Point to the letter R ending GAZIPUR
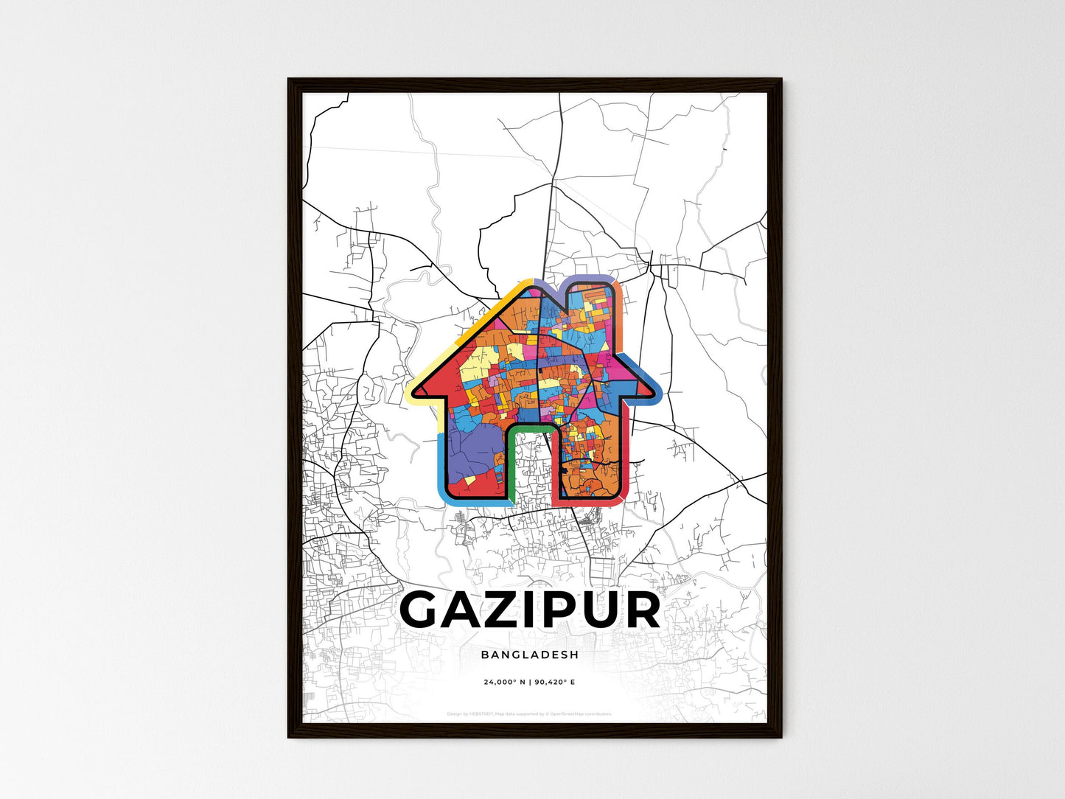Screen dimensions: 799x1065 [638, 610]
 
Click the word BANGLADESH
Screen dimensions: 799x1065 [529, 655]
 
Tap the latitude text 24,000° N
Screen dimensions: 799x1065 [505, 683]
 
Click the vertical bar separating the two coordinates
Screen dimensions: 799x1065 [530, 683]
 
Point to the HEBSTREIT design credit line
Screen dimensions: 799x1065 [529, 713]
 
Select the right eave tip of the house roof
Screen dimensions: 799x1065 [657, 393]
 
